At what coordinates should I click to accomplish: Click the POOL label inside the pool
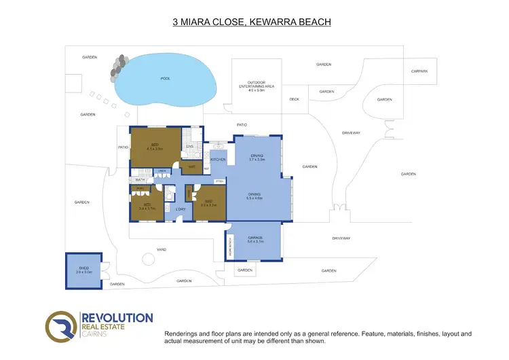[165, 79]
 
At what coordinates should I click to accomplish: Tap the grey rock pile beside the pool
[119, 65]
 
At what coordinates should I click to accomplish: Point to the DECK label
[294, 99]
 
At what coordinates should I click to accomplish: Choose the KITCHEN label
[218, 160]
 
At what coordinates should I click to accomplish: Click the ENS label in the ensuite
[191, 146]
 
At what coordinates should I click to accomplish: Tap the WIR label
[192, 166]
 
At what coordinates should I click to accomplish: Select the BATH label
[140, 180]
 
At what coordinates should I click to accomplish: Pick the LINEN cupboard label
[162, 171]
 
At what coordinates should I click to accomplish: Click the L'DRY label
[181, 209]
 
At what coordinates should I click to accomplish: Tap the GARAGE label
[255, 238]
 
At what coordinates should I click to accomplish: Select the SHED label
[84, 268]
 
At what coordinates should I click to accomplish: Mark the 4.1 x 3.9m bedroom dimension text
[155, 148]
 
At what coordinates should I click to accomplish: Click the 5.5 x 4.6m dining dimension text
[254, 198]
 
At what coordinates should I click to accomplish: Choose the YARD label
[162, 249]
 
